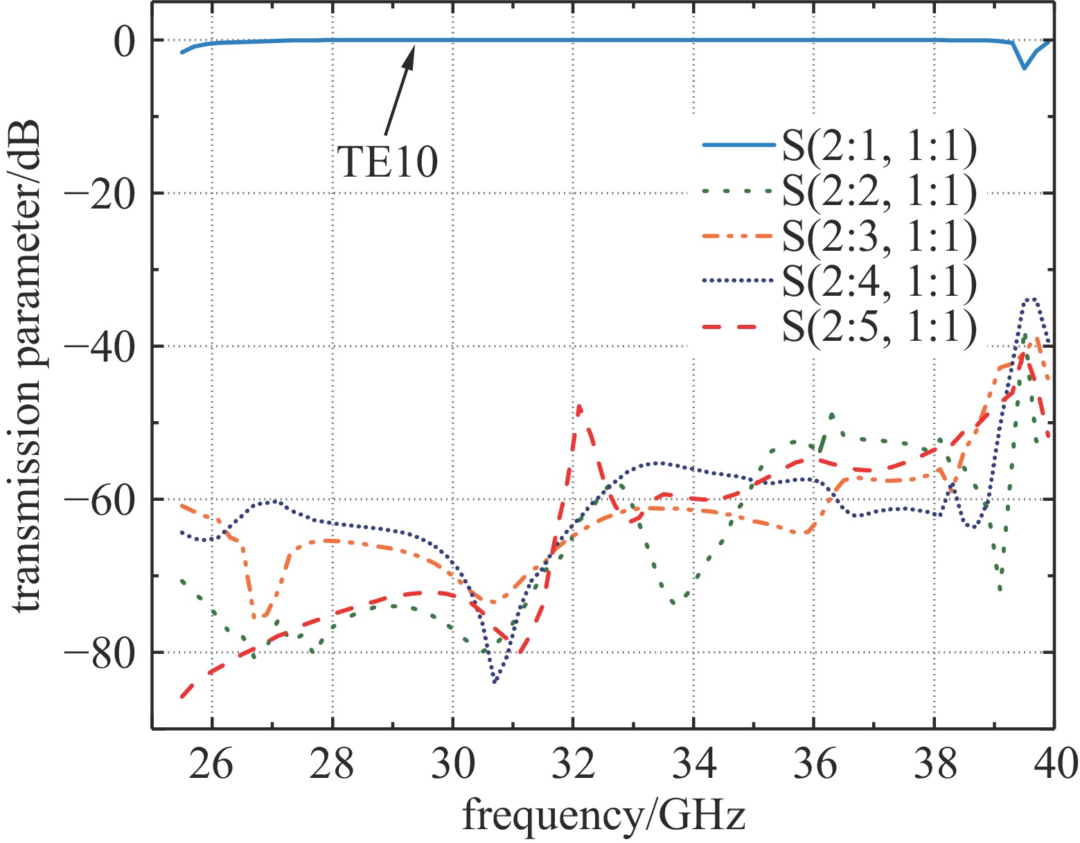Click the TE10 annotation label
click(388, 163)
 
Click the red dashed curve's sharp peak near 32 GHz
click(578, 407)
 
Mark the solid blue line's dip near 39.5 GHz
click(1024, 67)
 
